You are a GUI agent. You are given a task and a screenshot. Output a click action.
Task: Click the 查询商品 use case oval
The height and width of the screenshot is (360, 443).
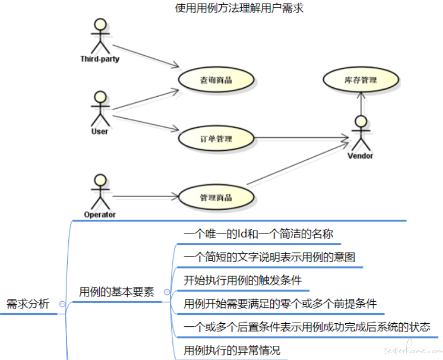click(216, 80)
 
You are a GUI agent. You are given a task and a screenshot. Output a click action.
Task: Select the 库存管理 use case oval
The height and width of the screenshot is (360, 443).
click(361, 80)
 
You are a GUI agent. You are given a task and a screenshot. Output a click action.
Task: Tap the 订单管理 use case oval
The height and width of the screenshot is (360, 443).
click(216, 138)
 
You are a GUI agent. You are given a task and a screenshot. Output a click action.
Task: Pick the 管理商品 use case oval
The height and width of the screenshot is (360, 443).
click(216, 197)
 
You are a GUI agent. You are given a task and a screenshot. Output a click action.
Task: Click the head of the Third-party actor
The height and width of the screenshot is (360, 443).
click(100, 24)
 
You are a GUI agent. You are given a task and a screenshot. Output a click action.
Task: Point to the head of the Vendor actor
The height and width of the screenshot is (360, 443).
click(361, 121)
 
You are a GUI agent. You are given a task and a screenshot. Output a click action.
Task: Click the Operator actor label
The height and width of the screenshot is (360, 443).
click(100, 215)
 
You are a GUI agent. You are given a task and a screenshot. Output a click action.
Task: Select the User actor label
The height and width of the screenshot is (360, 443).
click(100, 131)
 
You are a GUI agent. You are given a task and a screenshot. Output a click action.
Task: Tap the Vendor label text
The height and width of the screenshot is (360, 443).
click(360, 156)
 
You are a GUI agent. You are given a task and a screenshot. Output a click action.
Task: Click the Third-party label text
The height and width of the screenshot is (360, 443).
click(100, 59)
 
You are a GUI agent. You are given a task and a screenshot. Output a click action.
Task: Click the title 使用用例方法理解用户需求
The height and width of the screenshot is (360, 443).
click(239, 8)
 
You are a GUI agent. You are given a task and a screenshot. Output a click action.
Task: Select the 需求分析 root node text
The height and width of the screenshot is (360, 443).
click(28, 304)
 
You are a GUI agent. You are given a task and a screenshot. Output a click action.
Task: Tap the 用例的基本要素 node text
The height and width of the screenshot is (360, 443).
click(117, 292)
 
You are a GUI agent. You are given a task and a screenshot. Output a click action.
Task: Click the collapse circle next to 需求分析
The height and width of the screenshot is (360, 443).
click(62, 304)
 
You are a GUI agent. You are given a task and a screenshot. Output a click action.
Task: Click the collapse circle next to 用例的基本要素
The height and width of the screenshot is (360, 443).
click(167, 292)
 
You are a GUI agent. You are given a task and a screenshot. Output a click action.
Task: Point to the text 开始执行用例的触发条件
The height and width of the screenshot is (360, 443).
click(243, 280)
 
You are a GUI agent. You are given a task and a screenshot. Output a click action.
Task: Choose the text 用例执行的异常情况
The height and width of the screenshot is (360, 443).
click(232, 351)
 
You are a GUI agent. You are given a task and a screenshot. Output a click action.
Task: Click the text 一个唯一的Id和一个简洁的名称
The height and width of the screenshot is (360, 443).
click(259, 234)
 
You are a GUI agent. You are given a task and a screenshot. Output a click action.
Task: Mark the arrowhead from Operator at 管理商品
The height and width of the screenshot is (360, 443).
click(176, 197)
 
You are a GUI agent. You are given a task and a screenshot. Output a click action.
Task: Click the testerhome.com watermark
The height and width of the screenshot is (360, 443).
click(414, 349)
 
